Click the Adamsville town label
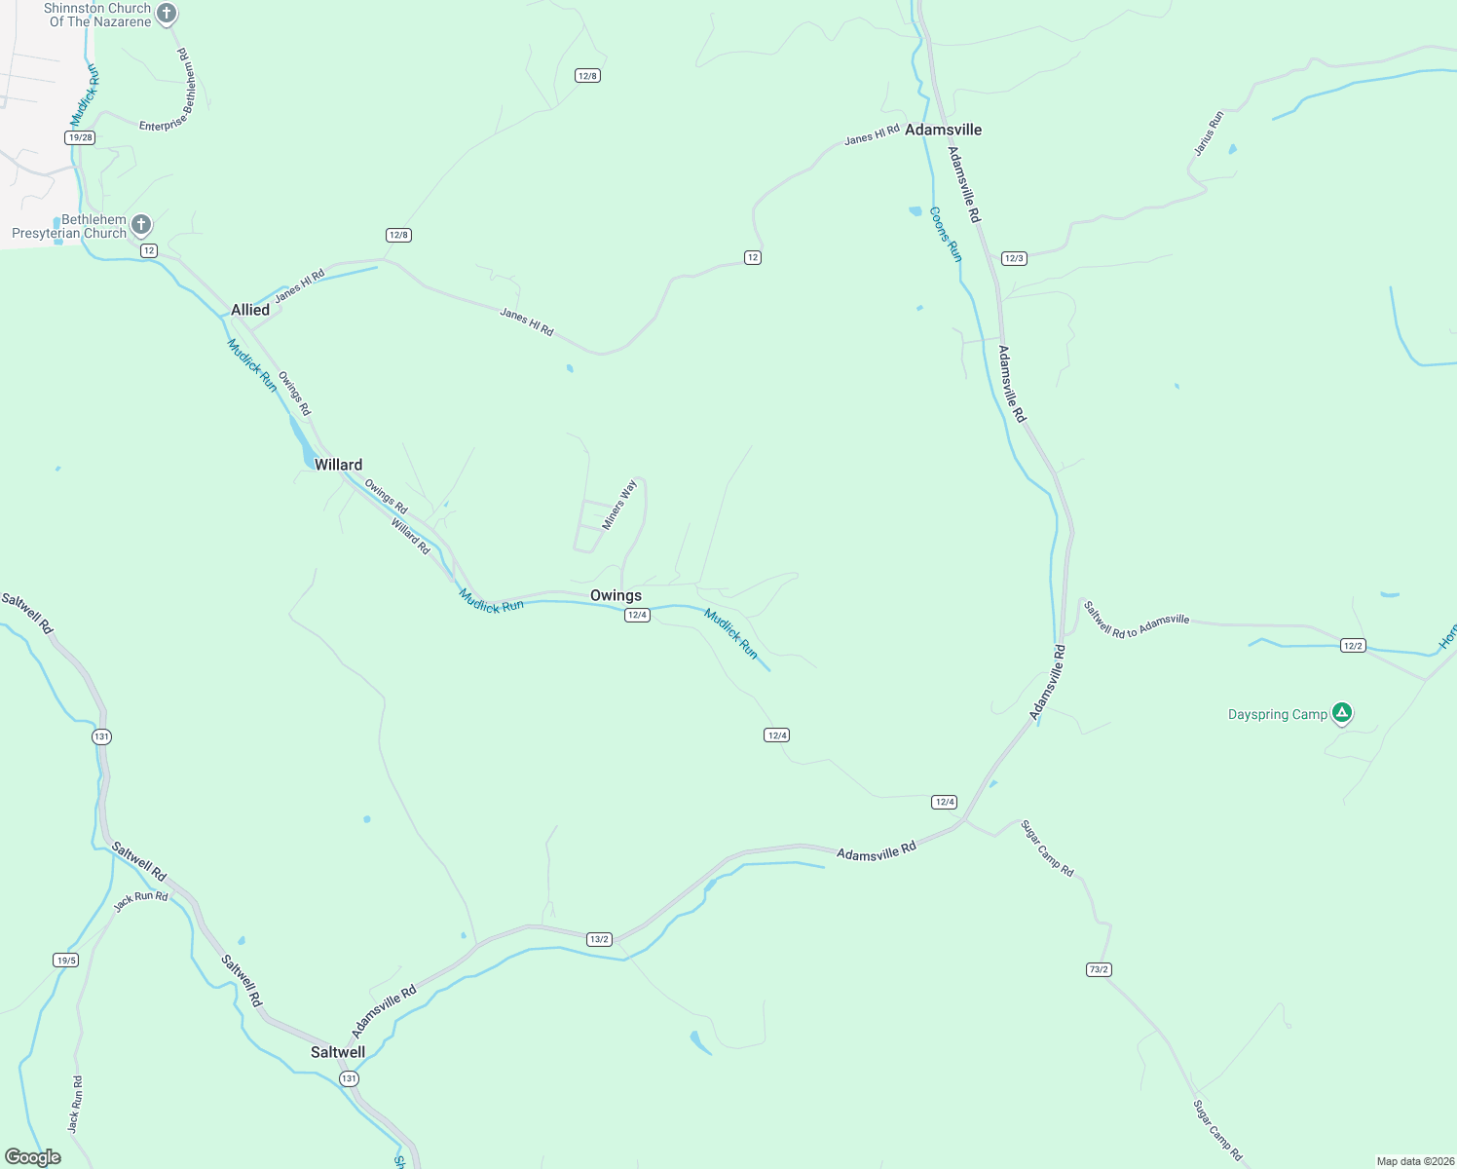[x=943, y=130]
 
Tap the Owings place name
[x=616, y=595]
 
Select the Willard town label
[x=338, y=465]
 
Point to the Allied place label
[x=250, y=310]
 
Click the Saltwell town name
[x=338, y=1052]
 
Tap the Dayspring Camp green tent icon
[x=1342, y=714]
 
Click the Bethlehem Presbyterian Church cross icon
[x=141, y=226]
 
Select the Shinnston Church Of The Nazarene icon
[x=167, y=14]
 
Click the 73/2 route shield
[x=1099, y=969]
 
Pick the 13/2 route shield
[x=599, y=939]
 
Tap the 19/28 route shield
[x=80, y=137]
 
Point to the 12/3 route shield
[x=1014, y=258]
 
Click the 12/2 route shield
[x=1352, y=646]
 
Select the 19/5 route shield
[x=65, y=961]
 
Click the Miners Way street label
[x=619, y=505]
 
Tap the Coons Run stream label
[x=945, y=234]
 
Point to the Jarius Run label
[x=1209, y=133]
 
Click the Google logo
[x=33, y=1157]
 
